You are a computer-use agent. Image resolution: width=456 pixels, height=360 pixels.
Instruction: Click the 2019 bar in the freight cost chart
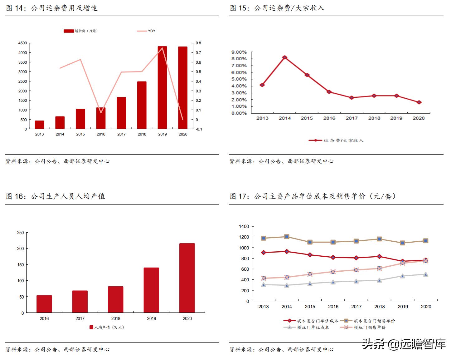162,87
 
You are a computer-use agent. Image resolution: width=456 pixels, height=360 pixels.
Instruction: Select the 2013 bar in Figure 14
39,125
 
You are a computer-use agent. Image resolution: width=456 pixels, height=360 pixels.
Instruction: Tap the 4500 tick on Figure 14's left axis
22,43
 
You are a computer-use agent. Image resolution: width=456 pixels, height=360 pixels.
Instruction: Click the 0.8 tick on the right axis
198,43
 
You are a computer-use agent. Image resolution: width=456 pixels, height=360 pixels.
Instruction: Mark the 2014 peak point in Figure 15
285,57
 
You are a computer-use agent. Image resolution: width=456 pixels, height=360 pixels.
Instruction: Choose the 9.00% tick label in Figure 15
239,52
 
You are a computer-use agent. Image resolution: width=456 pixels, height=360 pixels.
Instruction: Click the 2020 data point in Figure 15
419,102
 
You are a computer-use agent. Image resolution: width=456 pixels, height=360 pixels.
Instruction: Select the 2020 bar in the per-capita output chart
187,278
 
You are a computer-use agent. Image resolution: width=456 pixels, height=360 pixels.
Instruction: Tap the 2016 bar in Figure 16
44,304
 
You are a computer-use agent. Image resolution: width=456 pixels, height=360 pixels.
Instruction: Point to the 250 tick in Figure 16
20,233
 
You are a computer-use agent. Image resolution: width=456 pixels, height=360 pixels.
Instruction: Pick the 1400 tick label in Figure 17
244,226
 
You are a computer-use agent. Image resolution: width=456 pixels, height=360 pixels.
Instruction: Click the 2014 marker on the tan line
287,237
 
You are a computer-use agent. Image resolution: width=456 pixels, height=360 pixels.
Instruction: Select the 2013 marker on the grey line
264,285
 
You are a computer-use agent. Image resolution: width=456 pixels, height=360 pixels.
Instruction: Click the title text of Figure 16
56,196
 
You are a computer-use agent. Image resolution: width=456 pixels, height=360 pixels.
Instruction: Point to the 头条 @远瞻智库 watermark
404,344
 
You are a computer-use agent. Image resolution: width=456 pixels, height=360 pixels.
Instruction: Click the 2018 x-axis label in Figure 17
379,307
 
